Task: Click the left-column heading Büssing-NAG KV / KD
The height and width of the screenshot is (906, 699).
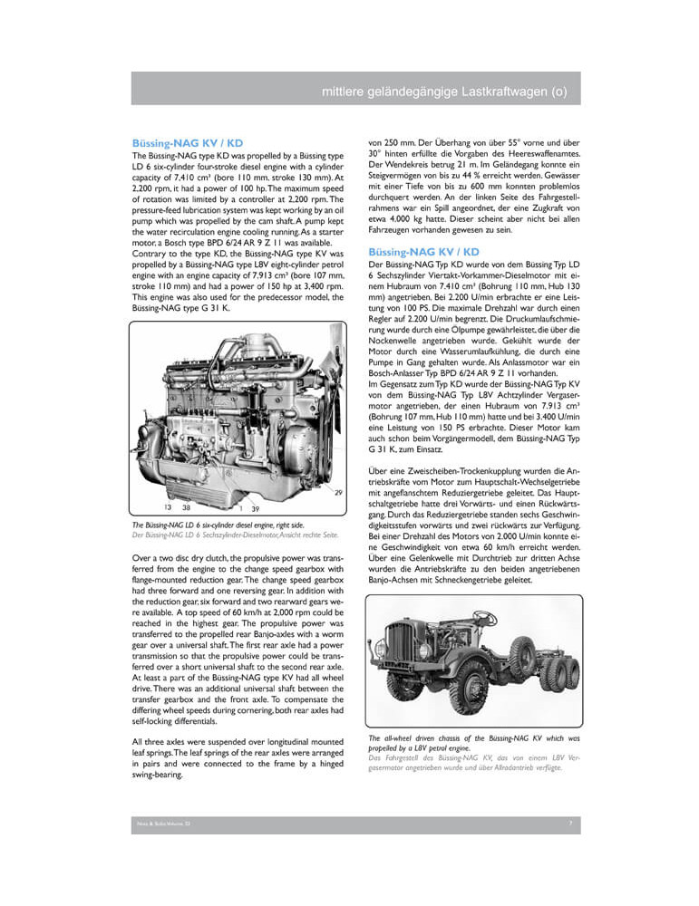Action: coord(188,143)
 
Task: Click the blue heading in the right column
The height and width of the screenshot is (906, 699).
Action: coord(423,251)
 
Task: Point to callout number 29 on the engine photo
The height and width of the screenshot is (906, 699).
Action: coord(337,491)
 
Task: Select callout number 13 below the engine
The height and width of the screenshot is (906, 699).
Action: coord(168,508)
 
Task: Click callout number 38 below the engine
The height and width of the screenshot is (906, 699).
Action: coord(186,508)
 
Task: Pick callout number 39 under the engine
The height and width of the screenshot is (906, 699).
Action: coord(256,508)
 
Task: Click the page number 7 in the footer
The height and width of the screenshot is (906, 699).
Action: coord(569,824)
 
